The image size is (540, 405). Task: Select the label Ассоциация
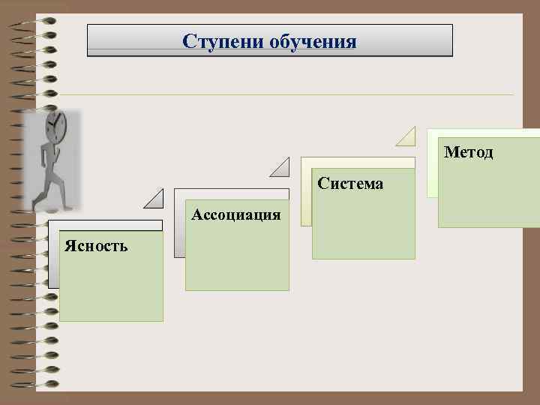tap(236, 215)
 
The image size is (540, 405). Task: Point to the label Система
tap(350, 183)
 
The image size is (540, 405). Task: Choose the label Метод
tap(468, 152)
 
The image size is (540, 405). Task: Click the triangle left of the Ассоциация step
tap(154, 199)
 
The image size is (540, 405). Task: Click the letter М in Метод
tap(451, 152)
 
